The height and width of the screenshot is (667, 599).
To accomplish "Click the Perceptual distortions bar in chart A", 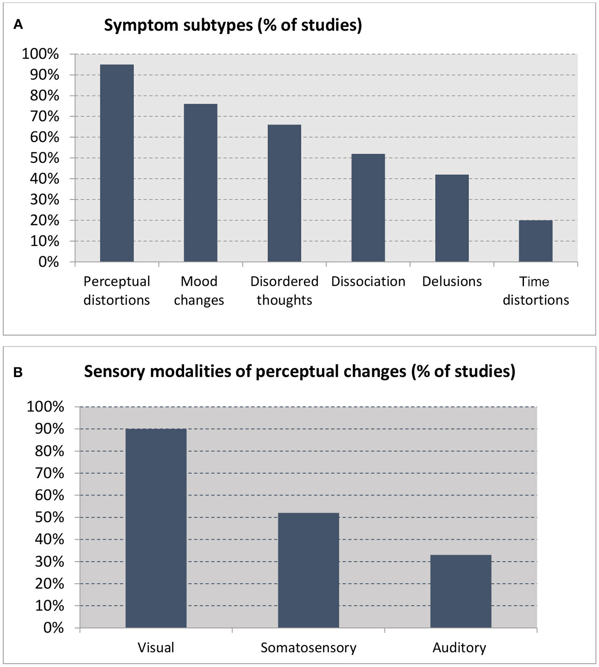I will [x=117, y=163].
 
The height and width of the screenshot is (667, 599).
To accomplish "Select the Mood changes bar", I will [x=200, y=183].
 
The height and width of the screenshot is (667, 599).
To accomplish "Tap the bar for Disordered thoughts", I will [x=284, y=193].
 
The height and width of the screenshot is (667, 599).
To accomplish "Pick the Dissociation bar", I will [x=368, y=208].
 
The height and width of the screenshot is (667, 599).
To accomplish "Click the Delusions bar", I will [x=452, y=218].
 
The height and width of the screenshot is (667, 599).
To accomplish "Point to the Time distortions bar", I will [x=535, y=241].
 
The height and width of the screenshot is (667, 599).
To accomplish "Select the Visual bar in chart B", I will [x=156, y=528].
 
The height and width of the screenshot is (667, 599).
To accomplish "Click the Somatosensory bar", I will [x=309, y=570].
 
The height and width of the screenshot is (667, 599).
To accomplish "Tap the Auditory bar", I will [x=461, y=591].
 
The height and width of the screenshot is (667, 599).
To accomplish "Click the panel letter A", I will [x=18, y=25].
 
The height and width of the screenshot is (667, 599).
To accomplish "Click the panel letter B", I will [x=18, y=372].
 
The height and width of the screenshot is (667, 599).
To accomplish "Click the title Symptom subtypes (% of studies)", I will [x=233, y=26].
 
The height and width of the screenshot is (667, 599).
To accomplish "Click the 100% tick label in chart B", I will [x=45, y=407].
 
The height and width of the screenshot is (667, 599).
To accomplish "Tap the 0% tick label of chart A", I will [x=49, y=262].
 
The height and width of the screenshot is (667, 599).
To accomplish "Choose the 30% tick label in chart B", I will [x=49, y=561].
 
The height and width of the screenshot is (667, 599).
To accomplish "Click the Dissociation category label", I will [x=368, y=281].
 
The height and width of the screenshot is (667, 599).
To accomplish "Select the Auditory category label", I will [x=459, y=647].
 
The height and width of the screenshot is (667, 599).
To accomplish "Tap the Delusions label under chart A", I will [x=452, y=281].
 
